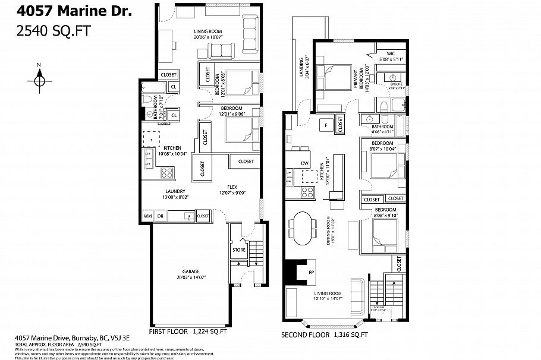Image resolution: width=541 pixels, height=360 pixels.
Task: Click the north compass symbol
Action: point(39,78)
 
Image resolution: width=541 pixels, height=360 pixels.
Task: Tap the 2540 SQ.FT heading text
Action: point(52,31)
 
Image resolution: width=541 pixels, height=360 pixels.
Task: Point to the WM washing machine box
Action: point(147,216)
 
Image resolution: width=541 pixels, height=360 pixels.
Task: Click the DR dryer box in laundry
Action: point(160,216)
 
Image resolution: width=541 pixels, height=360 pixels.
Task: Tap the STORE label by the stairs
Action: point(238,250)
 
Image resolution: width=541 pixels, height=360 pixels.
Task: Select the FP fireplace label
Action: point(310,273)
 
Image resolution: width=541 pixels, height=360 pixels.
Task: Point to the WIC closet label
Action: point(391,53)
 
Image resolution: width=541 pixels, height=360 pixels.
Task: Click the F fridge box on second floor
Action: point(325,125)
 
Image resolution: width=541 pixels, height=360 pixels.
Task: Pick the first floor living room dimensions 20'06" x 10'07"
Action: point(206,37)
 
